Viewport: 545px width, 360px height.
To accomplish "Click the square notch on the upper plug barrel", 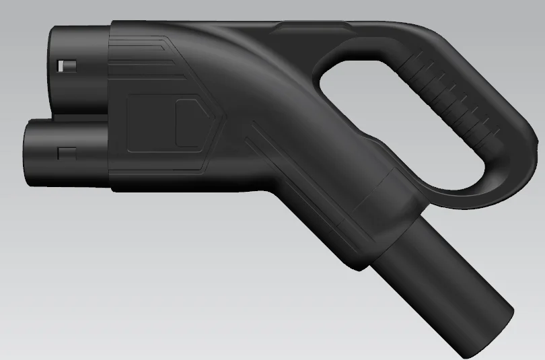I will pyautogui.click(x=67, y=66).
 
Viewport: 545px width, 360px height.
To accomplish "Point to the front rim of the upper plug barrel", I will pyautogui.click(x=51, y=67).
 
